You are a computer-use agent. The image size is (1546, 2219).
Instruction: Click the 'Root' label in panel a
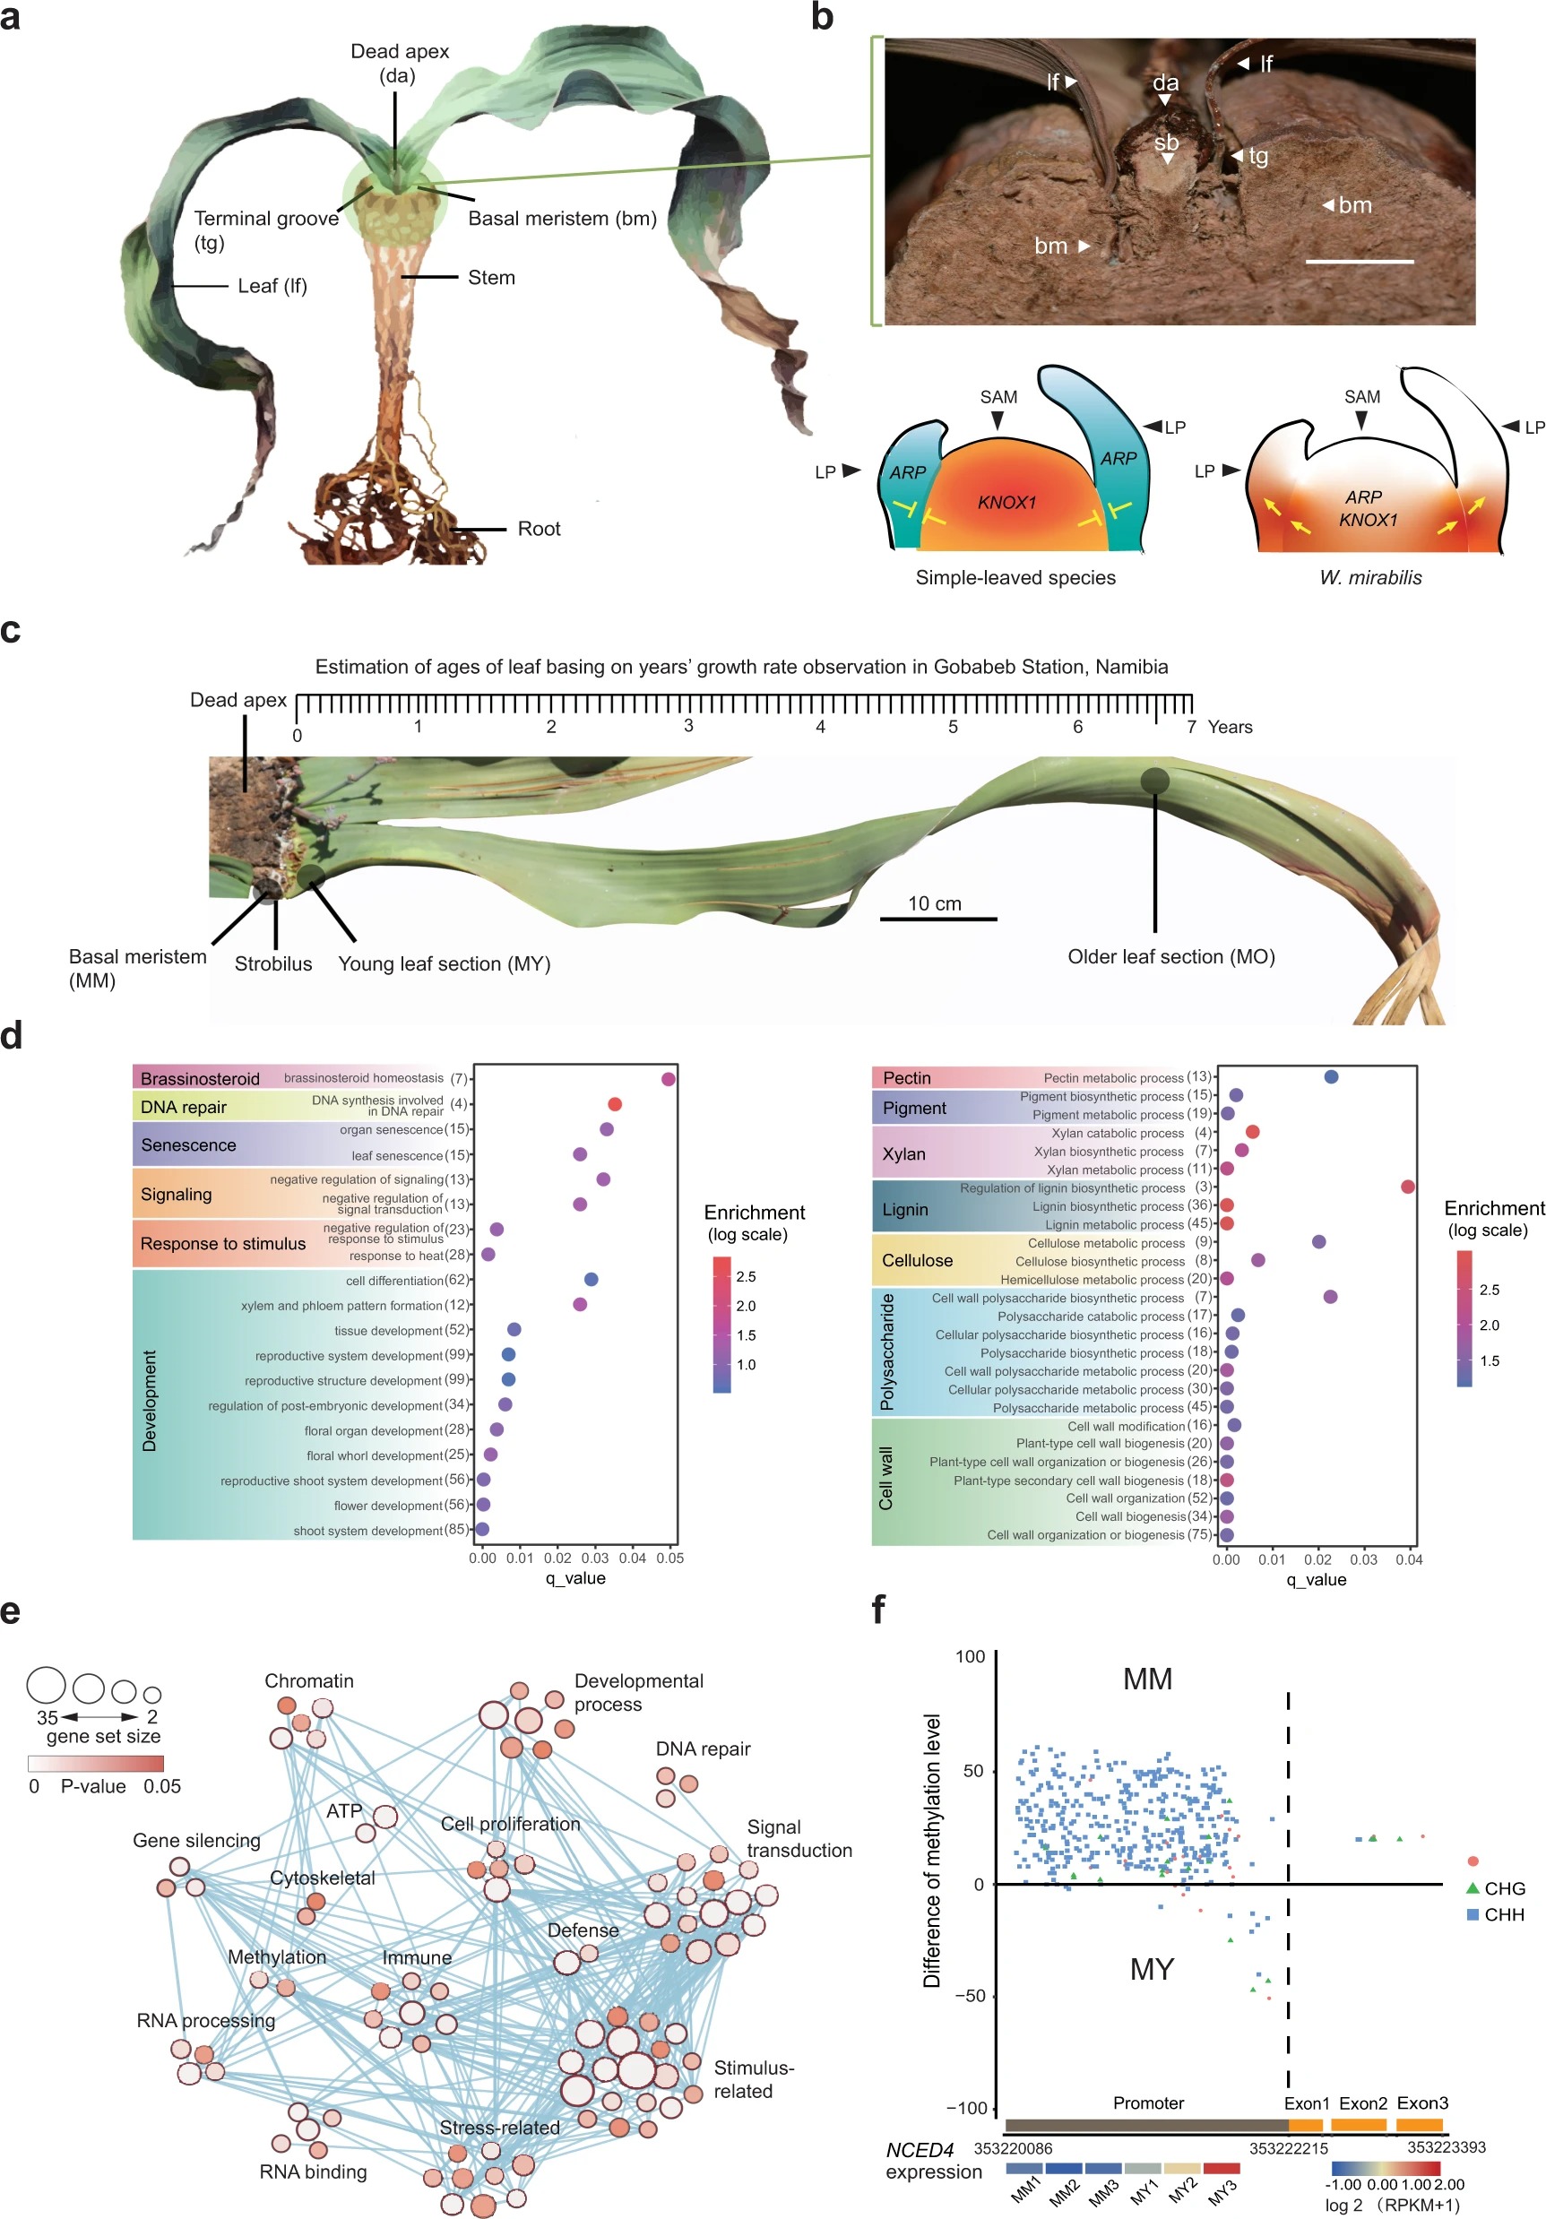point(539,529)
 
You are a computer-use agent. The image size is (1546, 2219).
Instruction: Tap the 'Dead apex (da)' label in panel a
point(399,63)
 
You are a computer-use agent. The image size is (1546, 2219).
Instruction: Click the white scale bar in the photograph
point(1359,261)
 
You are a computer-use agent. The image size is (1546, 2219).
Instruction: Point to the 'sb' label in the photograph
point(1166,144)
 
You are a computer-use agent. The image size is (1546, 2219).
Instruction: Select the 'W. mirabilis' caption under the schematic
point(1370,577)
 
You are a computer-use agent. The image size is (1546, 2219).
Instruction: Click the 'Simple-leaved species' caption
point(1015,577)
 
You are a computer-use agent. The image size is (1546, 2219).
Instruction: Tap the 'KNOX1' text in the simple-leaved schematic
point(1006,503)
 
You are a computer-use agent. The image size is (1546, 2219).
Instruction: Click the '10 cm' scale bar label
point(935,902)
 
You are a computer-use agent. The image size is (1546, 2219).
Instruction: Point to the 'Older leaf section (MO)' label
point(1170,956)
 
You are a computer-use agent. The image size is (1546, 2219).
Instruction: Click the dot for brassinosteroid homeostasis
point(668,1078)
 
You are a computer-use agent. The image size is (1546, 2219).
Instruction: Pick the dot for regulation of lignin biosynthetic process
point(1407,1186)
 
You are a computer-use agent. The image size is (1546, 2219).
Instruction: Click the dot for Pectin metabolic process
point(1331,1076)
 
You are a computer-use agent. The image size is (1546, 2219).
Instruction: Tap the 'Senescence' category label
point(188,1144)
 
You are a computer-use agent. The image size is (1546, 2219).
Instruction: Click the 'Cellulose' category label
point(917,1260)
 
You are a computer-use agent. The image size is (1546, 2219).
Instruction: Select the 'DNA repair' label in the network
point(703,1748)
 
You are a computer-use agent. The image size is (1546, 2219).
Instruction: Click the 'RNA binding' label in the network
point(313,2171)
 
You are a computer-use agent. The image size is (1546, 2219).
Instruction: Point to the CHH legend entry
point(1504,1913)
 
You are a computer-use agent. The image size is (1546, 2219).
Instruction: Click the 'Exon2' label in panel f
point(1362,2102)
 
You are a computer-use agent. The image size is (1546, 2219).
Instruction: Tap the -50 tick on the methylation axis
point(970,1996)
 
